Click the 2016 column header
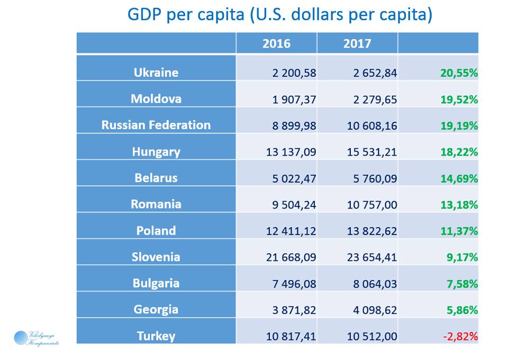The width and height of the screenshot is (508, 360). click(x=276, y=43)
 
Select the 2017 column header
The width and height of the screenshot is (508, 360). click(x=357, y=43)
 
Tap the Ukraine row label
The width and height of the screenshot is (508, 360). click(x=156, y=73)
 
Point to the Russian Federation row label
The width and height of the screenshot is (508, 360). click(x=156, y=125)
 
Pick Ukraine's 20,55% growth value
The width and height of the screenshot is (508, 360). click(x=459, y=73)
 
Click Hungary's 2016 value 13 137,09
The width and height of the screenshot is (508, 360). click(x=292, y=152)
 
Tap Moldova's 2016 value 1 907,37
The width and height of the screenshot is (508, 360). click(x=294, y=100)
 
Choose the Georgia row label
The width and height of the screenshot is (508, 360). click(x=156, y=309)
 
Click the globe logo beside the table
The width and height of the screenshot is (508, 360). click(x=21, y=337)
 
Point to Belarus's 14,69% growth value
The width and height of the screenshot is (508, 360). click(x=459, y=178)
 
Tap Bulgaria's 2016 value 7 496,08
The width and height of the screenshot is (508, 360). click(x=294, y=284)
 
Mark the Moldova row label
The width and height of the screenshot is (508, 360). click(x=156, y=99)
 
